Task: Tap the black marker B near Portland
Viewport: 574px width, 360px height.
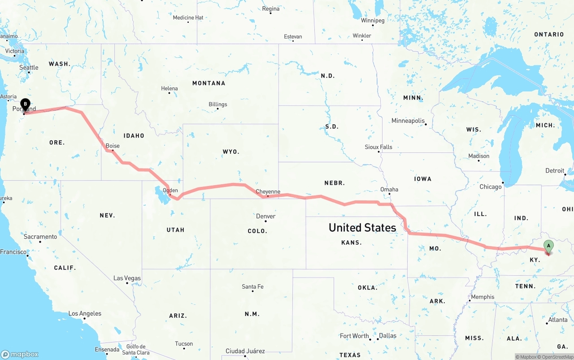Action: tap(26, 104)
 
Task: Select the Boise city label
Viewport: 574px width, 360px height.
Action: tap(113, 146)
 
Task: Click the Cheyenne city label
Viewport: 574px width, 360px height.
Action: tap(268, 191)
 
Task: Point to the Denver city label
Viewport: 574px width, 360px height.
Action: tap(265, 216)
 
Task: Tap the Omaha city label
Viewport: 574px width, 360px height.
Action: tap(389, 189)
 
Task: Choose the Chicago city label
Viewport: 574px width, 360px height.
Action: tap(491, 187)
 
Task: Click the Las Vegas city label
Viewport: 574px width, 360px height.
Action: tap(127, 278)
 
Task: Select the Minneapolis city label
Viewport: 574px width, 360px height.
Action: tap(408, 121)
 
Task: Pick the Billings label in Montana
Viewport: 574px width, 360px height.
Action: tap(218, 104)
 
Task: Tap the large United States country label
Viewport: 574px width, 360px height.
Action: tap(362, 227)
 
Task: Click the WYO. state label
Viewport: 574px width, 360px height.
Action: tap(231, 152)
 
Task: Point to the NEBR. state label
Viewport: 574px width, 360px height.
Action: tap(335, 182)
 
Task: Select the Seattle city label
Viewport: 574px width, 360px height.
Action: tap(29, 67)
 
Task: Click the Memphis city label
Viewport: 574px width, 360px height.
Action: tap(483, 297)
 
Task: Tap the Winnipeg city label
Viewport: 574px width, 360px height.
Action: tap(373, 21)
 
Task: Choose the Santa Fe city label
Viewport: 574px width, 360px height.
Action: tap(252, 286)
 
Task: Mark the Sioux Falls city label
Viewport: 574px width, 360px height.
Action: tap(378, 147)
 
